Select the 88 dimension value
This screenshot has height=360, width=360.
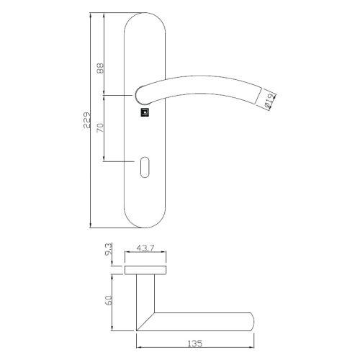click(x=101, y=68)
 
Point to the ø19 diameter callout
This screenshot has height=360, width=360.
click(x=266, y=102)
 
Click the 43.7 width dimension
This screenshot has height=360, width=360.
click(x=145, y=250)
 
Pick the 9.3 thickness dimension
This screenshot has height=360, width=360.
click(x=108, y=252)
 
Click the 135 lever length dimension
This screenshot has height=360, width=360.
click(x=194, y=345)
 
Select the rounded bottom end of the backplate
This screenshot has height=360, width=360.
click(x=146, y=220)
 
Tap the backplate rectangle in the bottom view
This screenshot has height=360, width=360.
click(x=146, y=270)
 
